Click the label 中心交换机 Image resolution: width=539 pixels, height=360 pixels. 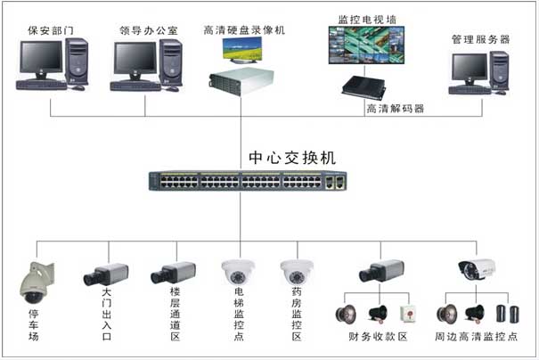click(x=292, y=158)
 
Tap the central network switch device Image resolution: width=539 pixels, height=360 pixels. click(x=248, y=181)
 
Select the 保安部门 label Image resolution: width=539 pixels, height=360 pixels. click(x=51, y=30)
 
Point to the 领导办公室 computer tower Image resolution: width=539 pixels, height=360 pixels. click(x=171, y=63)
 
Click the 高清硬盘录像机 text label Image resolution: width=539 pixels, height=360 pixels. click(x=244, y=30)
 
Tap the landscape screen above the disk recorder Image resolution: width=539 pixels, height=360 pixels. click(x=242, y=51)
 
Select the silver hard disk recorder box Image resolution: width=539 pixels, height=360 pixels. click(x=241, y=81)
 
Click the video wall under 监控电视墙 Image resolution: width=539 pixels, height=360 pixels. click(x=366, y=45)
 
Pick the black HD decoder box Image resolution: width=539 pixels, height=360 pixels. click(x=363, y=86)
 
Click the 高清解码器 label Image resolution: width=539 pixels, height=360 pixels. click(x=396, y=109)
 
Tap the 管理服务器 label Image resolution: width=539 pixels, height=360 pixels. click(x=480, y=39)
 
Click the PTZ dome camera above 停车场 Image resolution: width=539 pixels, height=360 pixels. click(x=37, y=283)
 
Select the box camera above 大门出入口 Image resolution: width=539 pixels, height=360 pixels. click(x=106, y=274)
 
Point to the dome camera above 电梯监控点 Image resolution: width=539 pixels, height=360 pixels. click(x=238, y=272)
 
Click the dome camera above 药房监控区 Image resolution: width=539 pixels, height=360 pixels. click(x=297, y=272)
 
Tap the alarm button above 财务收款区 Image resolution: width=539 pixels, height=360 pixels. click(x=408, y=314)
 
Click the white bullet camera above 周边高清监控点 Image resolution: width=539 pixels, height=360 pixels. click(x=477, y=269)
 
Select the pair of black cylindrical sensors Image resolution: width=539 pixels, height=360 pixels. click(x=508, y=314)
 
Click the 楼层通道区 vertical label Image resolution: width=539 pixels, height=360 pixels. click(x=176, y=314)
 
